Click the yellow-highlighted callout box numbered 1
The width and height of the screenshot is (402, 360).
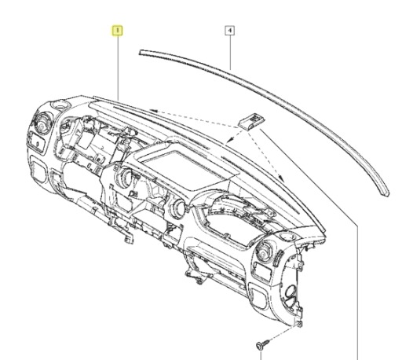point(118,31)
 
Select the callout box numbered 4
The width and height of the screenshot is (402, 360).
point(230,31)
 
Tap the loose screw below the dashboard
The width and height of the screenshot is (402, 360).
point(262,344)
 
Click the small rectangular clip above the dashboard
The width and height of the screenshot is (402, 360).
point(251,120)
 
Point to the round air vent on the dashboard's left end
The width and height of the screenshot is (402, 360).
point(42,123)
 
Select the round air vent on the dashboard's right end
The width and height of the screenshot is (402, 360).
point(264,251)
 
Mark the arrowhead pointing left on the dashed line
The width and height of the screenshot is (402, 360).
point(153,111)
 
